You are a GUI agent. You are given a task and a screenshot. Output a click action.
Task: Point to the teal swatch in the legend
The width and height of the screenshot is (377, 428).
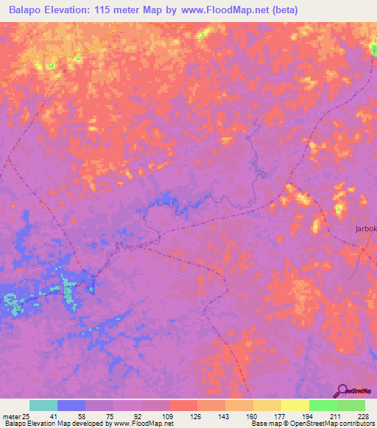tap(43, 405)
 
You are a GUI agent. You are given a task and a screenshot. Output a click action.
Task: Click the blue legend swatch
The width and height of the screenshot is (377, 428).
tap(71, 405)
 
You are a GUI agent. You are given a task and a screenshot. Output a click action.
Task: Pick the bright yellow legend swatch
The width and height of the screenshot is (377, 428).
tap(295, 405)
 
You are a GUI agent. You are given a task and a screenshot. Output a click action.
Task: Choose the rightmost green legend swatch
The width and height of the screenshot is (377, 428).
tap(350, 405)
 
